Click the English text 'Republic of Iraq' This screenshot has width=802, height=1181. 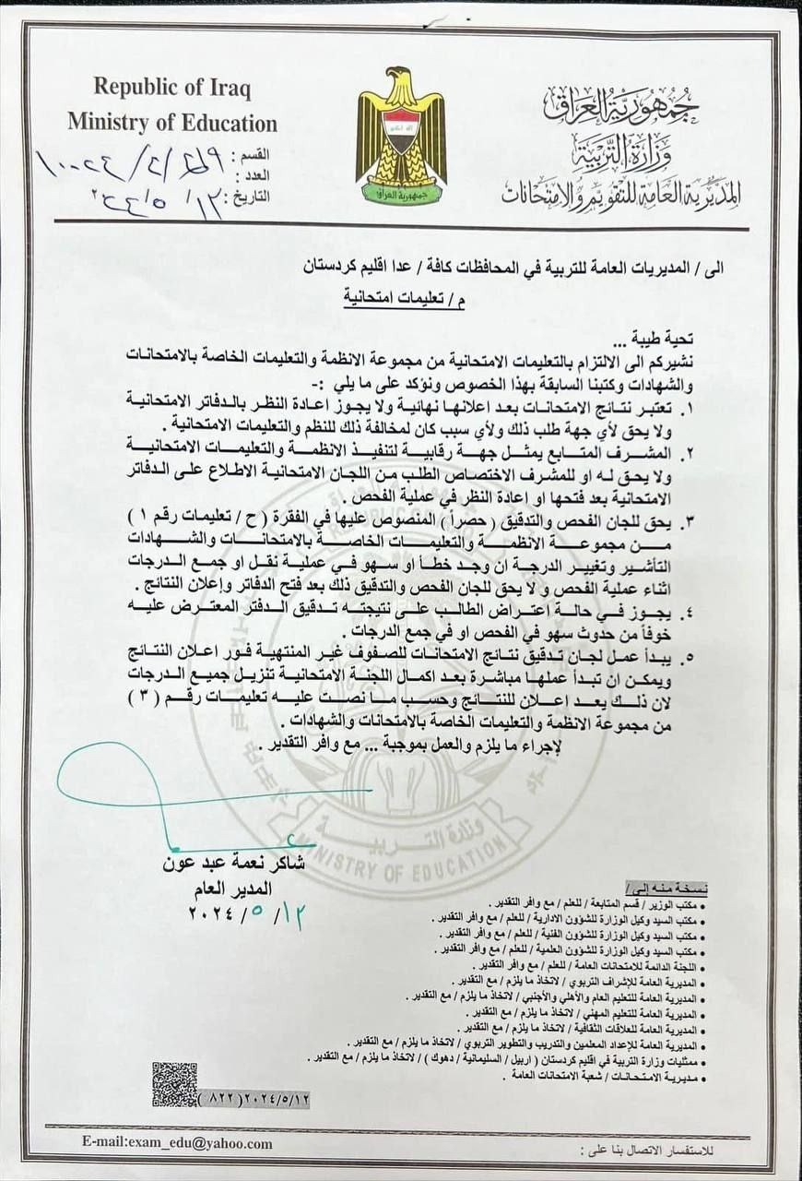[171, 89]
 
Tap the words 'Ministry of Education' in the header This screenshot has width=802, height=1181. [171, 123]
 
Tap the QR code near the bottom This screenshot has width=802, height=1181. [174, 1085]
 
